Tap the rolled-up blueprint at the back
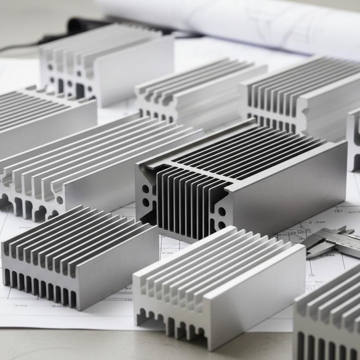(x=252, y=22)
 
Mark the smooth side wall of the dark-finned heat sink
(x=288, y=184)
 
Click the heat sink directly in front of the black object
(x=108, y=63)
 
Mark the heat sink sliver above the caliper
(x=354, y=139)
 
